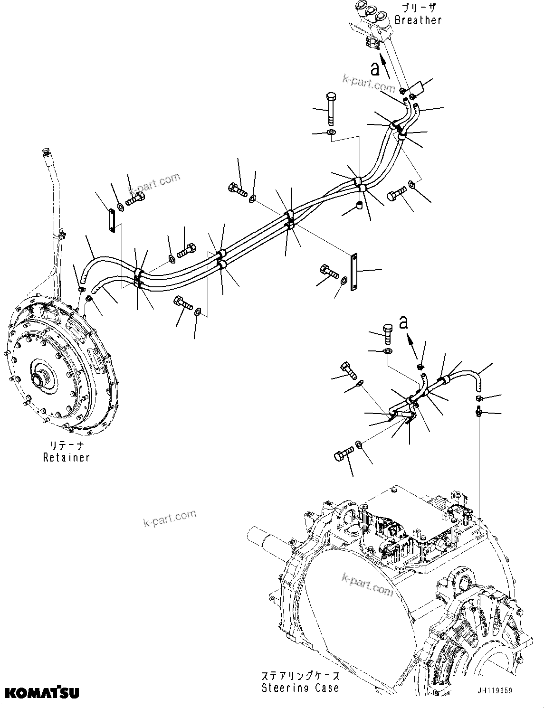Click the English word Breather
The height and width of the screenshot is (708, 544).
tap(418, 20)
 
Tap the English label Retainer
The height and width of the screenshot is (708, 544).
tap(66, 457)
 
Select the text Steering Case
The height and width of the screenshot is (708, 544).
tap(300, 688)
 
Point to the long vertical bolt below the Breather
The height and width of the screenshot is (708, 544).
tap(331, 110)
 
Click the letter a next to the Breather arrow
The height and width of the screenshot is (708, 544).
tap(375, 69)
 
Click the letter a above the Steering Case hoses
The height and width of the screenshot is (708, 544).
tap(403, 322)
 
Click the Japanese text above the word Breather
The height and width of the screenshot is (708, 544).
tap(418, 8)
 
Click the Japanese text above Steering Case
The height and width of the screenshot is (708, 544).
tap(300, 676)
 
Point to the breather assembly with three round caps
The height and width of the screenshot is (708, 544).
tap(373, 19)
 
